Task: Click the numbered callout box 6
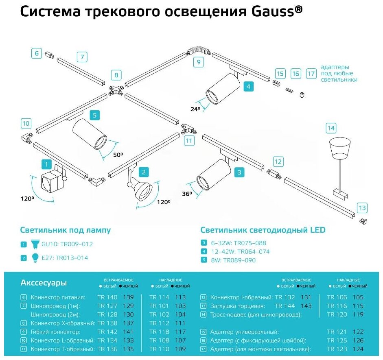pos(36,53)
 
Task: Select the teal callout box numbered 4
pos(248,86)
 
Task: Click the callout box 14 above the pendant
pos(331,129)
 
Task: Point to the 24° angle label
pos(196,109)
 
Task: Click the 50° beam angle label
pos(118,155)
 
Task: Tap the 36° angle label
pos(187,194)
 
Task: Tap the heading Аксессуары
pos(44,283)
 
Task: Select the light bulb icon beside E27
pos(35,257)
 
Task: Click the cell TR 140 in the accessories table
pos(107,297)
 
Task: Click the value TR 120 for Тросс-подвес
pos(337,314)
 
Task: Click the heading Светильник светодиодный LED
pos(263,230)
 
